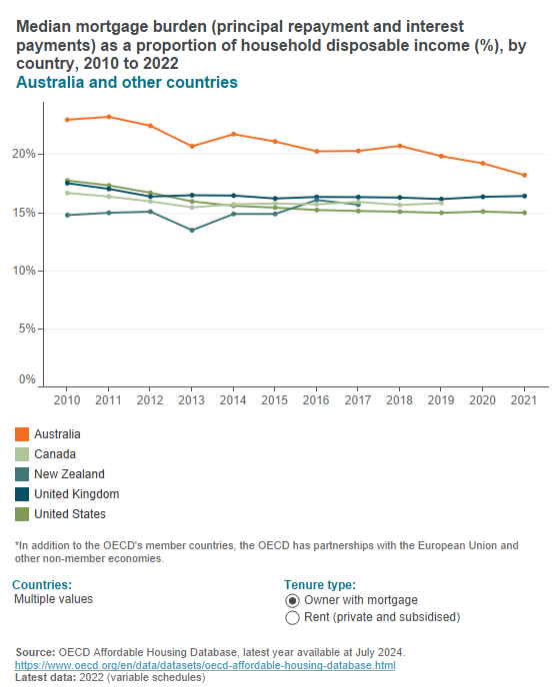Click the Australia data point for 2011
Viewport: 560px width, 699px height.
[x=108, y=117]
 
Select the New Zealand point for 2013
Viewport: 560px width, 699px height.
[x=192, y=231]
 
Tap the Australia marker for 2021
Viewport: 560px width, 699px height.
[x=524, y=175]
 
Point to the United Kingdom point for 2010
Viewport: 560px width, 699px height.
[x=67, y=183]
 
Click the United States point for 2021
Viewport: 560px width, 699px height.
[x=524, y=213]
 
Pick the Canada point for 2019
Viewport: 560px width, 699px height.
[x=441, y=203]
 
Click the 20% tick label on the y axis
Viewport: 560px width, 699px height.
[x=24, y=154]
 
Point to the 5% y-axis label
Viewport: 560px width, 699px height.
[x=27, y=329]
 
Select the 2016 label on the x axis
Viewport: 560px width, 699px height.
[x=316, y=399]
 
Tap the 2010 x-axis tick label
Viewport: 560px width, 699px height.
[x=67, y=399]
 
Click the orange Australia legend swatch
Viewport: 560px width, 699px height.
[x=21, y=434]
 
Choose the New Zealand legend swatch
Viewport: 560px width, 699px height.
[x=21, y=474]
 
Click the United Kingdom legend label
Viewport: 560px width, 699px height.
[x=76, y=494]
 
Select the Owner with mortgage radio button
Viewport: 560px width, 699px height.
[x=292, y=600]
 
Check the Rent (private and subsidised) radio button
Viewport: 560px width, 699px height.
[x=292, y=618]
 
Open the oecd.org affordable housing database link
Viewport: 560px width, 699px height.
[x=205, y=665]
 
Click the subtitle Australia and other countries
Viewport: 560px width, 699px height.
[x=126, y=82]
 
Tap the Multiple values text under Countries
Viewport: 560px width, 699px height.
[x=53, y=599]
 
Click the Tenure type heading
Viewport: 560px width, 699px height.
[x=320, y=584]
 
